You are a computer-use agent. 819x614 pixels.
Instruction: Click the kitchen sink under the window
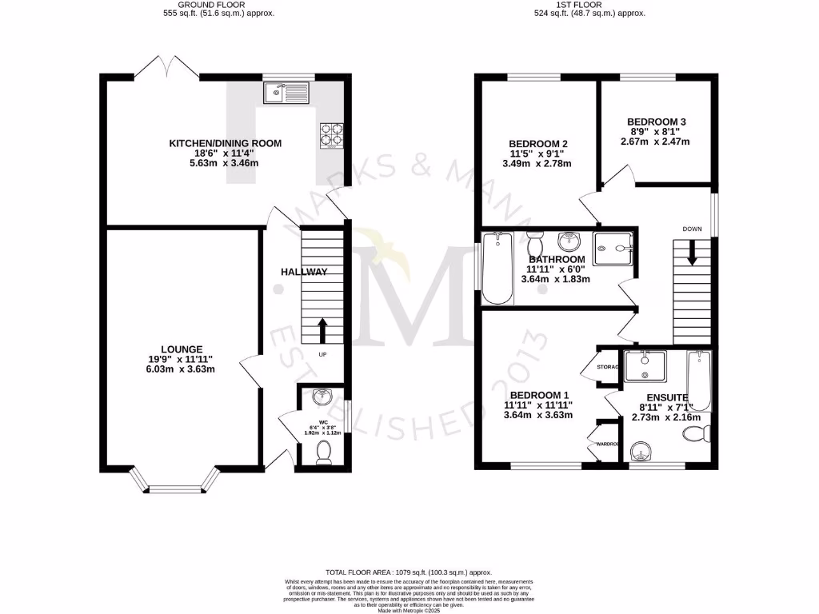tap(286, 94)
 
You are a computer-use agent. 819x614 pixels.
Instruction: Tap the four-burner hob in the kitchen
tap(332, 136)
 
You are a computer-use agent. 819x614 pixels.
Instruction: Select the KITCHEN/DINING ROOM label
tap(225, 144)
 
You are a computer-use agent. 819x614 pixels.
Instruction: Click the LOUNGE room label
tap(182, 349)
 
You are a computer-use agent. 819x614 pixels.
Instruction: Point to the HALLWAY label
tap(304, 272)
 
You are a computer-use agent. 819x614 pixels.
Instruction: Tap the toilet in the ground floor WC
tap(324, 453)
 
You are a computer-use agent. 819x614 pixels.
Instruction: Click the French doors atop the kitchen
tap(166, 70)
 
